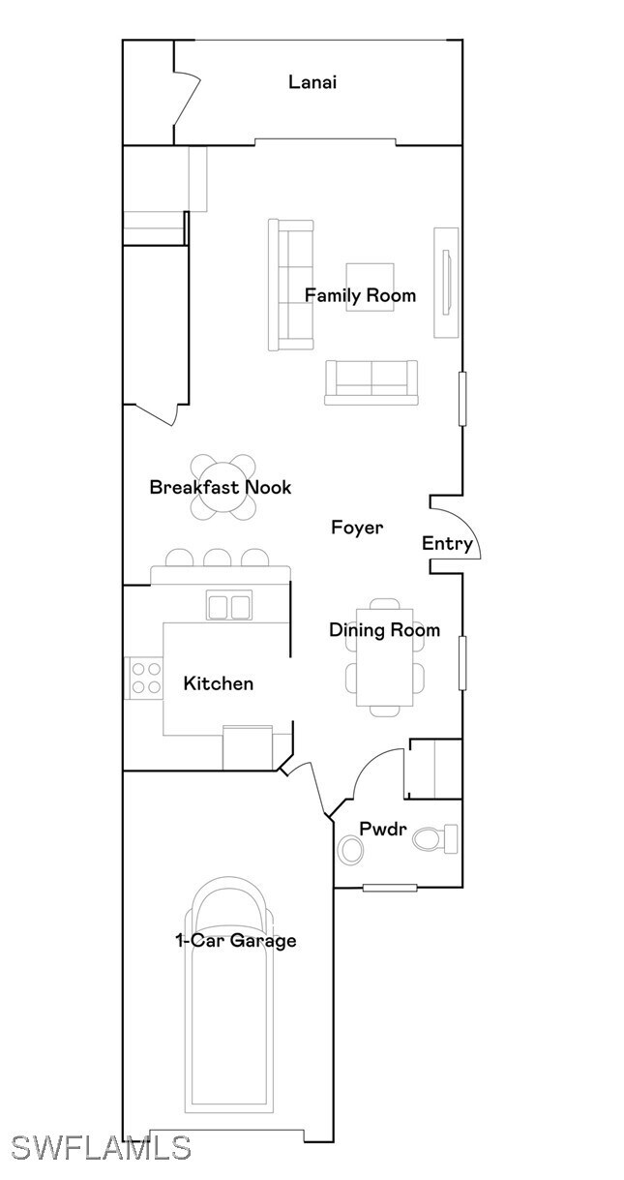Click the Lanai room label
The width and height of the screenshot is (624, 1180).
click(x=312, y=82)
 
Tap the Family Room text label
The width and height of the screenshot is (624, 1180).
click(x=360, y=295)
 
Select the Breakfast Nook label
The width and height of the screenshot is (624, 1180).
click(x=220, y=487)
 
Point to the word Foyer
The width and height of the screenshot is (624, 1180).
click(x=357, y=528)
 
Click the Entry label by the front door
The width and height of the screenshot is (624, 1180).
click(x=446, y=544)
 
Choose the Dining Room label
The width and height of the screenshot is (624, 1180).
click(x=384, y=630)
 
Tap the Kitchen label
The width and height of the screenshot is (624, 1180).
click(x=219, y=683)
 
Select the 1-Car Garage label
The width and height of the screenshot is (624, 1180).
click(x=235, y=940)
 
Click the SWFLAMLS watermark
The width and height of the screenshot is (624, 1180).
click(x=101, y=1147)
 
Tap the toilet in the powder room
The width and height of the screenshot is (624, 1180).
click(x=437, y=837)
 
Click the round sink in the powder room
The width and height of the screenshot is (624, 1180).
click(x=350, y=850)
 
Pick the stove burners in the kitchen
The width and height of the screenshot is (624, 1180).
click(x=145, y=678)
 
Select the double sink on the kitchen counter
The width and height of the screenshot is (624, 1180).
click(x=229, y=606)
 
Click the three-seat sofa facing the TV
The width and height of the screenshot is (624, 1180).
click(x=291, y=285)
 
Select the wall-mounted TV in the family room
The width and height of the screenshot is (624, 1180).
click(x=446, y=283)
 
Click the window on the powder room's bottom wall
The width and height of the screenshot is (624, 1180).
click(x=390, y=888)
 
